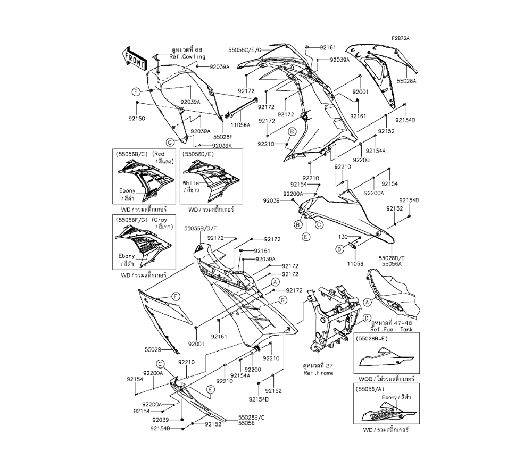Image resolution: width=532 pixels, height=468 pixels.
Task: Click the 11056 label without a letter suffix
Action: click(x=355, y=263)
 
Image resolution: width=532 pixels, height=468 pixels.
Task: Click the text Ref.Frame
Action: click(x=318, y=373)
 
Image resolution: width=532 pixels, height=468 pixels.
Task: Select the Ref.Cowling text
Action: click(x=188, y=57)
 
